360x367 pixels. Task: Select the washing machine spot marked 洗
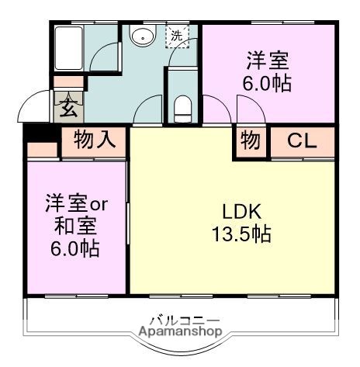(177, 35)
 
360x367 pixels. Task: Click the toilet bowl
(182, 105)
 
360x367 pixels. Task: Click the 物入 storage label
(95, 140)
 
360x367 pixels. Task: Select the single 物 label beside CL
(251, 140)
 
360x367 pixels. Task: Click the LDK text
(242, 211)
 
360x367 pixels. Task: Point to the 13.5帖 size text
(244, 234)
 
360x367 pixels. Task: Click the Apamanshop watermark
(180, 332)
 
